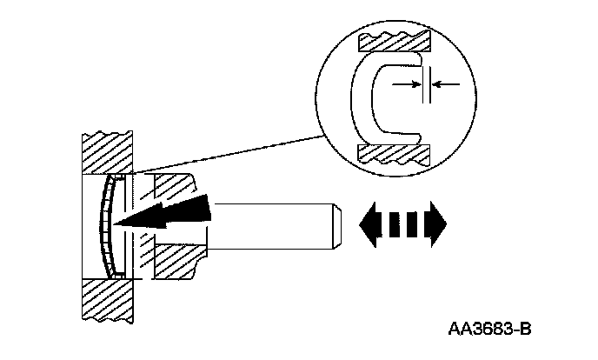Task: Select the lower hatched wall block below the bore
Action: pos(107,300)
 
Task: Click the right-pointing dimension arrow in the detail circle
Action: pos(405,83)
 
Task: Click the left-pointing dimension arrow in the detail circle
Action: pos(445,83)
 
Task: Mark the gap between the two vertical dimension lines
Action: pos(425,83)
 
